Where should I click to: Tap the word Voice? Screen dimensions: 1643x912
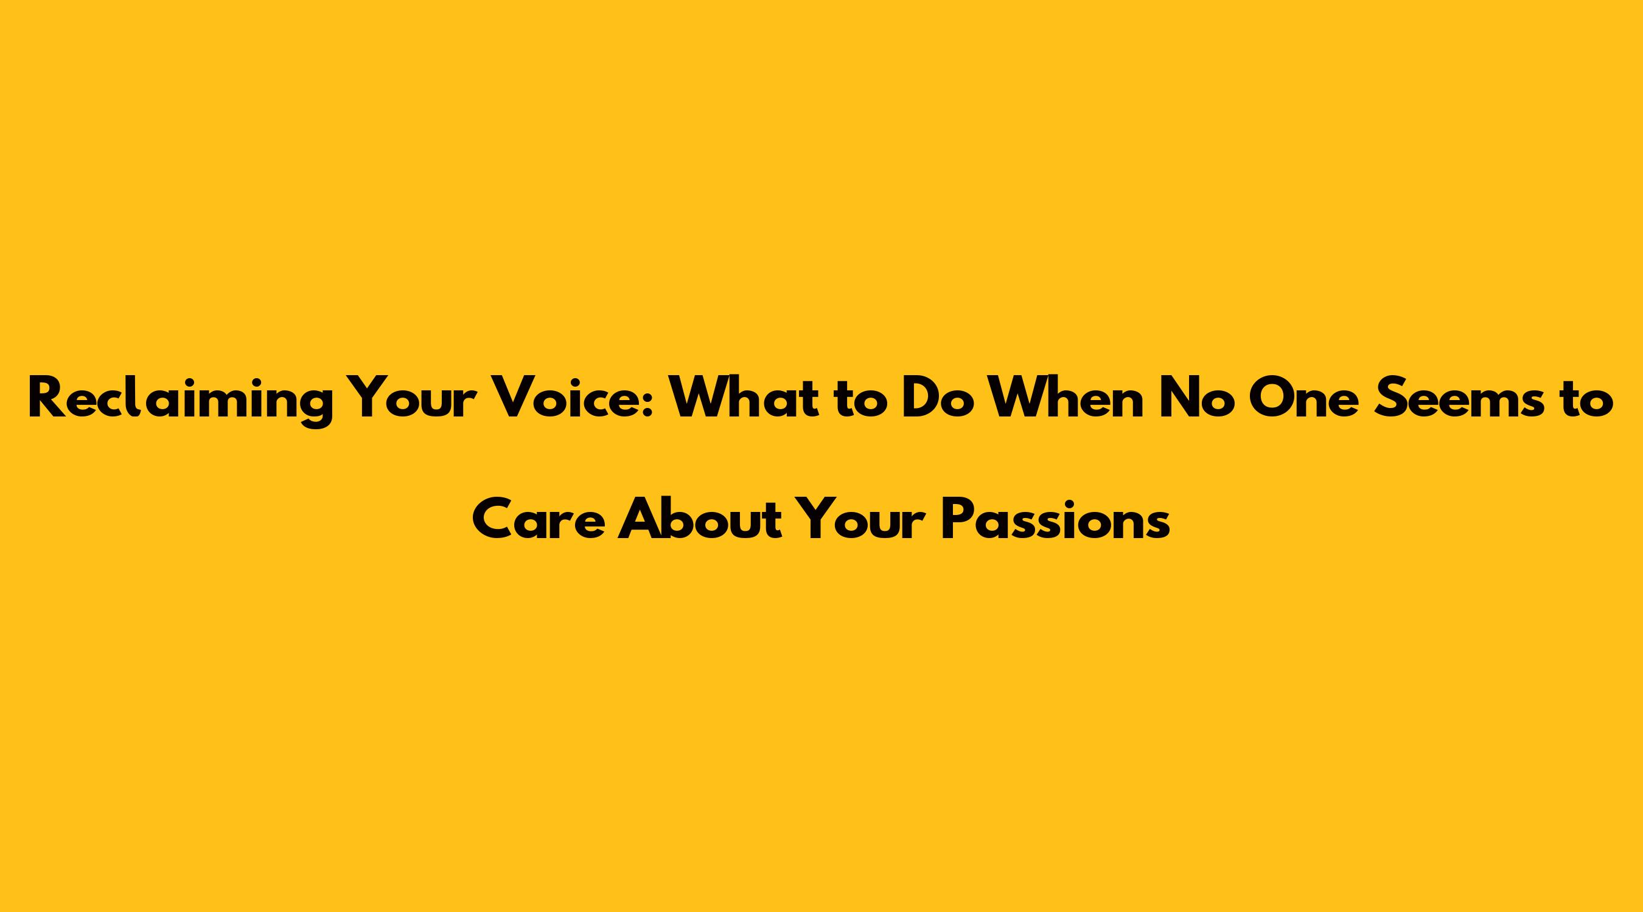coord(571,399)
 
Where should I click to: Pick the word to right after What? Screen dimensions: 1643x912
coord(860,402)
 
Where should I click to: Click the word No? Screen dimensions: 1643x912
coord(1196,399)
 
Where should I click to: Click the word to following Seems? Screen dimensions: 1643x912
coord(1589,402)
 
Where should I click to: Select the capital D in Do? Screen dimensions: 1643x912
coord(919,399)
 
